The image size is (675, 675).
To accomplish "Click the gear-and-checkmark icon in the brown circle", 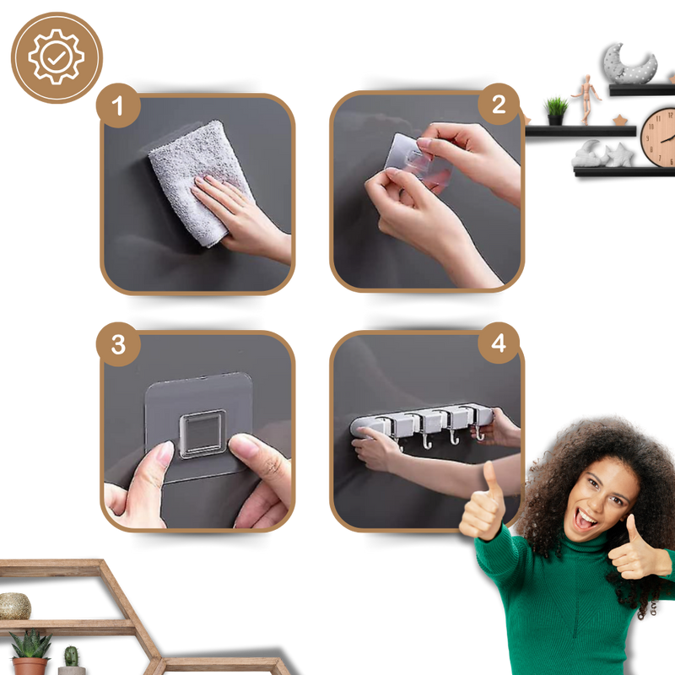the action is tap(57, 57).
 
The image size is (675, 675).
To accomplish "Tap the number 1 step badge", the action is tap(118, 105).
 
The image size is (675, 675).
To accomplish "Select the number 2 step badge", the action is tap(499, 105).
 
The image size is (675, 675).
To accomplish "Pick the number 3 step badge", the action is tap(118, 344).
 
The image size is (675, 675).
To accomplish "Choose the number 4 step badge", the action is tap(499, 343).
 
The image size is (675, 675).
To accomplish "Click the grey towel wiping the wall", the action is tap(200, 181).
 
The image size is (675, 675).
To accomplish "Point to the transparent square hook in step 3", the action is tap(202, 434).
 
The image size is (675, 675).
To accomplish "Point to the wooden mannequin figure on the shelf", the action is tap(586, 100).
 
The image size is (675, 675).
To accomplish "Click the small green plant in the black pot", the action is tap(556, 111).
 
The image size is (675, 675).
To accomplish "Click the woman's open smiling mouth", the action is tap(586, 519).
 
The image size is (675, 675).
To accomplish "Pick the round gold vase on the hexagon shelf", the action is tap(14, 606).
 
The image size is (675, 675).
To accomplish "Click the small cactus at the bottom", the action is tap(72, 656).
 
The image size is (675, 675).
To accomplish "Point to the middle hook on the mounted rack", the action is tap(452, 436).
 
